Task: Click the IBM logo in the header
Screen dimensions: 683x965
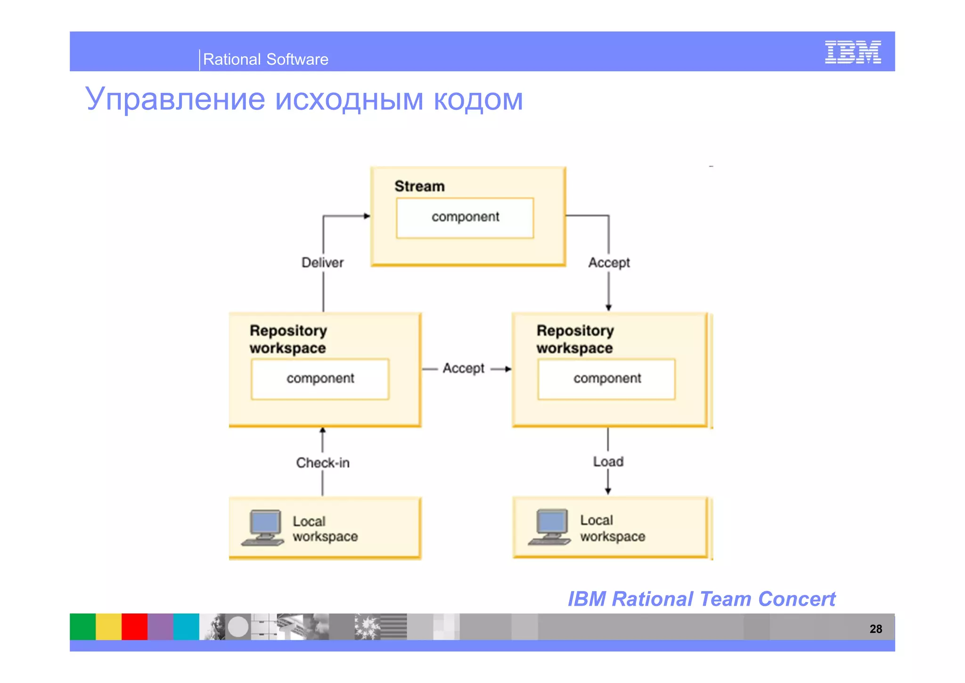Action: point(852,52)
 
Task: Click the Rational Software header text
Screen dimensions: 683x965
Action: point(265,59)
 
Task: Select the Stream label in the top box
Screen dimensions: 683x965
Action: point(419,186)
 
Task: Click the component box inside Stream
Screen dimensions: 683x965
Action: point(465,217)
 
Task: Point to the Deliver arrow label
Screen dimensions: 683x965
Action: point(323,263)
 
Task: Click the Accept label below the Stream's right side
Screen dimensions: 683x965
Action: point(609,263)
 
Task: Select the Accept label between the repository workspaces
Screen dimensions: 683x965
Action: point(464,368)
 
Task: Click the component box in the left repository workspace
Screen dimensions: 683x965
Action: point(320,379)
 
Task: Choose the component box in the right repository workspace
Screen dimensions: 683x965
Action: point(606,379)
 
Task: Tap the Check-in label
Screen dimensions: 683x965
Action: point(323,463)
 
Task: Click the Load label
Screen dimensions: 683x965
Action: point(608,461)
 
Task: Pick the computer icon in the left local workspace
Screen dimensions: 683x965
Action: point(263,528)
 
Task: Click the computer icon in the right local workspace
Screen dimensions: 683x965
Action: point(550,527)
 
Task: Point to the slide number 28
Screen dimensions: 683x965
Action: point(875,629)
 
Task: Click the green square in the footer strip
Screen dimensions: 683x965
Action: point(82,626)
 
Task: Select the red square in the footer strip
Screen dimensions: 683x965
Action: point(134,626)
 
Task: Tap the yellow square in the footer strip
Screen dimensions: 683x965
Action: point(108,626)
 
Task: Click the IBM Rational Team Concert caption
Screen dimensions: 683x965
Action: point(701,599)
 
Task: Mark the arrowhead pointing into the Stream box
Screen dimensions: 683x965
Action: point(367,216)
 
